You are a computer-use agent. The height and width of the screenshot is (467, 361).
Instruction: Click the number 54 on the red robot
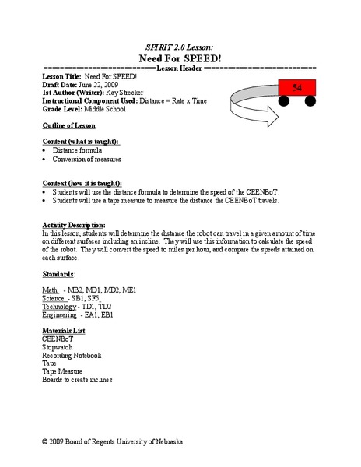pos(296,89)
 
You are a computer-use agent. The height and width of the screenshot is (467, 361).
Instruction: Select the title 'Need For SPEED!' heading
pos(180,58)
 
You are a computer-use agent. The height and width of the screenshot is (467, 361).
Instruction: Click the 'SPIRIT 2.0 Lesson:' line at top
pos(180,45)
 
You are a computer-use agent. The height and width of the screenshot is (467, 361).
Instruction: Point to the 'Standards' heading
pos(58,275)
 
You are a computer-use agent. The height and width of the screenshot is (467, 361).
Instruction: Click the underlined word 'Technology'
pos(60,307)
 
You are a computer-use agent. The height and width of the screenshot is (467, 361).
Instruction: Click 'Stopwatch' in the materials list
pos(58,347)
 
